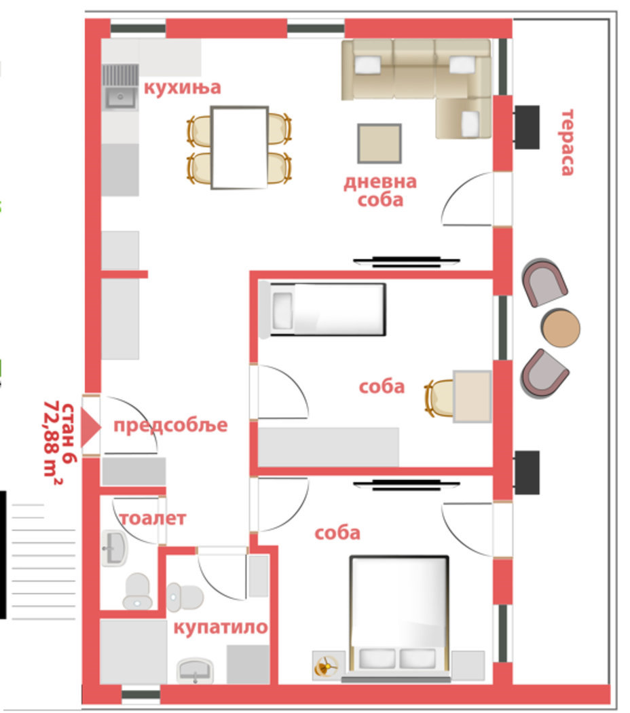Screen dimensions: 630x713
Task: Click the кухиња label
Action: pyautogui.click(x=182, y=88)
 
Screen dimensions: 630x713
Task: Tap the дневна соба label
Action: pyautogui.click(x=380, y=191)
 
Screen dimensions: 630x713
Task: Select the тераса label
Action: pyautogui.click(x=567, y=143)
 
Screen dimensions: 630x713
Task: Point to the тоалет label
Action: pyautogui.click(x=153, y=518)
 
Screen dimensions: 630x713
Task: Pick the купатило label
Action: pyautogui.click(x=221, y=627)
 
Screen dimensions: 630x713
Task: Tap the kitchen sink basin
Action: pyautogui.click(x=120, y=97)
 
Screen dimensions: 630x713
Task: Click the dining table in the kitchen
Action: pyautogui.click(x=239, y=147)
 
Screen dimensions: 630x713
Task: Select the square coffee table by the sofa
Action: pyautogui.click(x=379, y=143)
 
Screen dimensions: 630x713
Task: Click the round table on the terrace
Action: pyautogui.click(x=561, y=327)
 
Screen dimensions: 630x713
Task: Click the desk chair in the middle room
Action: pyautogui.click(x=439, y=398)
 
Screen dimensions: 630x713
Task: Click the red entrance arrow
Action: pyautogui.click(x=91, y=427)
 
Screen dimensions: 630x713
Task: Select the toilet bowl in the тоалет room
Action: pyautogui.click(x=137, y=591)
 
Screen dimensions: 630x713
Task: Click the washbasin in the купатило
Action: pyautogui.click(x=195, y=670)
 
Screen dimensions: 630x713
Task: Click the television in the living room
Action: pyautogui.click(x=407, y=261)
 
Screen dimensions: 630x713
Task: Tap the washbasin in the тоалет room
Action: pyautogui.click(x=114, y=548)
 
